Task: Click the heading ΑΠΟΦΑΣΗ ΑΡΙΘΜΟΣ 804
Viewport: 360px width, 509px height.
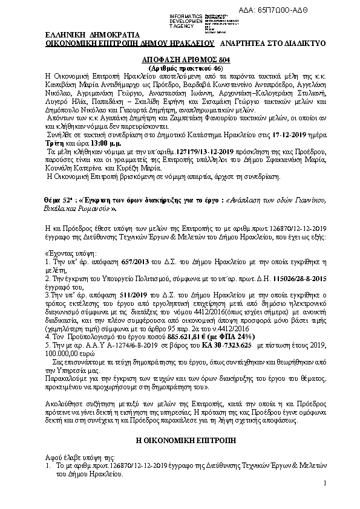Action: tap(180, 61)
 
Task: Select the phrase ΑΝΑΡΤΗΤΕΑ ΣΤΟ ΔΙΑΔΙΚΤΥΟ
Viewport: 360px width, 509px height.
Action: tap(273, 44)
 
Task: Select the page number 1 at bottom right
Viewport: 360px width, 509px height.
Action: tap(324, 483)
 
